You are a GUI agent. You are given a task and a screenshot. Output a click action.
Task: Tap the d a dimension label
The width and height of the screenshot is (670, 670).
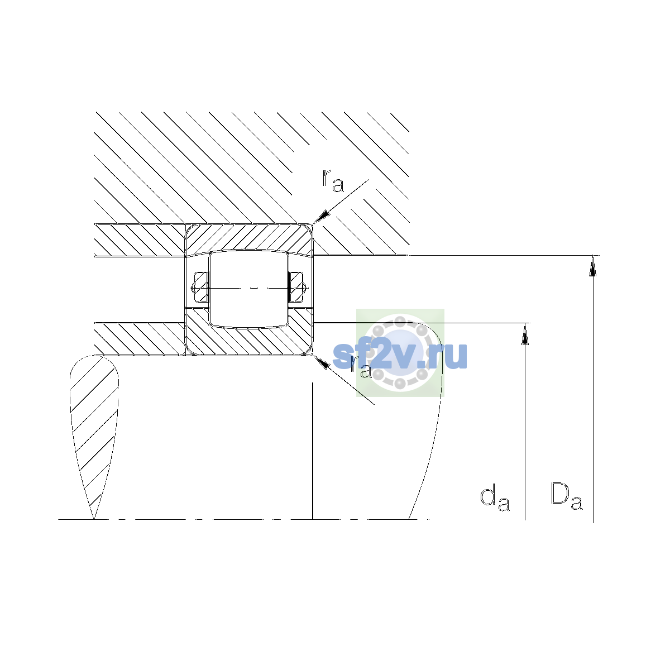point(495,499)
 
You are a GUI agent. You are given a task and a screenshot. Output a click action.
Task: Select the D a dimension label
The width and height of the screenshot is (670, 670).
point(566,496)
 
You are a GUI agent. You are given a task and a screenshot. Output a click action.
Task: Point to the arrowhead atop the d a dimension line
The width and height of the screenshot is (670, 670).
point(525,334)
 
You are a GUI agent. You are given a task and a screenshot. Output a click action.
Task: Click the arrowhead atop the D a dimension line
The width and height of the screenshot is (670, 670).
point(593,266)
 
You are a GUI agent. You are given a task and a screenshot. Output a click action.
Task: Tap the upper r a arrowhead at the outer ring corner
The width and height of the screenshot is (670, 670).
point(320,216)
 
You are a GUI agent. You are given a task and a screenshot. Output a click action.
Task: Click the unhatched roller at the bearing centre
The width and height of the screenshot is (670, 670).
point(248,289)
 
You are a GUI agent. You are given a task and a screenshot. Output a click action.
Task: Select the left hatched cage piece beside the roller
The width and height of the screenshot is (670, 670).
point(201,287)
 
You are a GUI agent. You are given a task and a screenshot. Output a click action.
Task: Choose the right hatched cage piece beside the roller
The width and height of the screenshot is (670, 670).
point(296,287)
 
